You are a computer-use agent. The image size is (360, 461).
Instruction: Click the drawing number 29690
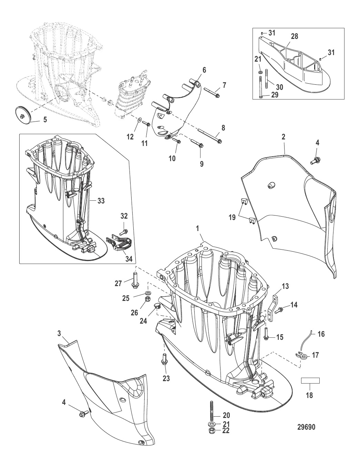tap(306, 427)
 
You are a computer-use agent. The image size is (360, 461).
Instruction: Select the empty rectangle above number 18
tap(310, 380)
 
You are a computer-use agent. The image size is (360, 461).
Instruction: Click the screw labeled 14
tap(279, 310)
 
